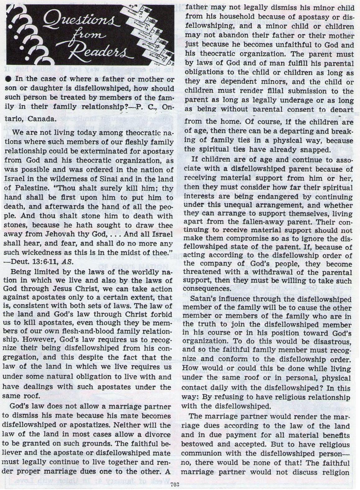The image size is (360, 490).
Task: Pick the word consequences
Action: click(206, 289)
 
